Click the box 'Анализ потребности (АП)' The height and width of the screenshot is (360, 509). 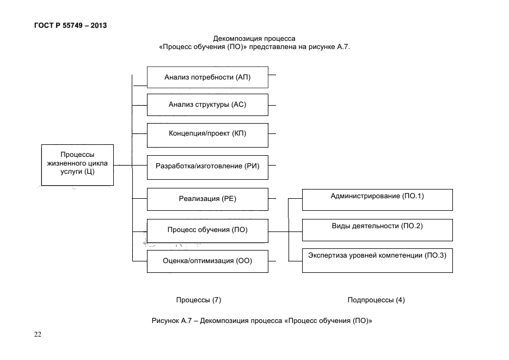[207, 77]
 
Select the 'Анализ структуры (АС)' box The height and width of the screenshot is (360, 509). [207, 105]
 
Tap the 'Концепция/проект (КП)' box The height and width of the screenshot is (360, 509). [207, 135]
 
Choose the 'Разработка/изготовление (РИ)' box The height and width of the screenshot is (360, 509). [207, 168]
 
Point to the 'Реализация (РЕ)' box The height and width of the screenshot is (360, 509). [207, 199]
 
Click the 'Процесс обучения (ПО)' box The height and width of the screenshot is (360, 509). [207, 231]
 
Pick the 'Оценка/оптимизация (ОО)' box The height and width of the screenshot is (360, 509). [207, 261]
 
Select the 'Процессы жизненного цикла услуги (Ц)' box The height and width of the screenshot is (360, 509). [78, 165]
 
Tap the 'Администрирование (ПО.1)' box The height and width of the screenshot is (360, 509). [377, 200]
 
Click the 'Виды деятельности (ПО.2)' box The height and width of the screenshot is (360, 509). [377, 230]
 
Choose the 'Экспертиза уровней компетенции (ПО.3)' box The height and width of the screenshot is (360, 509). [377, 261]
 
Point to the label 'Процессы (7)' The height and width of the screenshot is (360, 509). [199, 300]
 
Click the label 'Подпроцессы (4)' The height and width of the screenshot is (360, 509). [376, 300]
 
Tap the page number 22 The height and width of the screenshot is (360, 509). [38, 334]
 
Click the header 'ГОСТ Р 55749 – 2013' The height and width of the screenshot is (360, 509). [70, 25]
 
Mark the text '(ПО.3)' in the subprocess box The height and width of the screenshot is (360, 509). [436, 255]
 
